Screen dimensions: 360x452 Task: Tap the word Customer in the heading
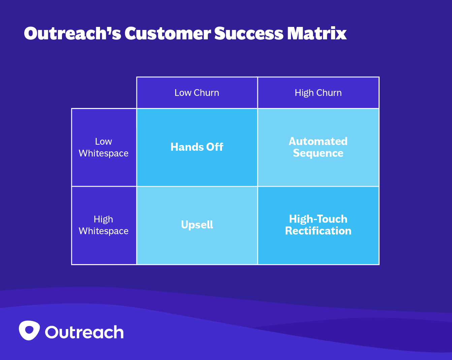(x=168, y=34)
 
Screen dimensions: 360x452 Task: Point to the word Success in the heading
(x=249, y=34)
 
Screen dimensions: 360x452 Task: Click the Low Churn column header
(x=197, y=93)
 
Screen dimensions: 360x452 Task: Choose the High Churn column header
(x=318, y=93)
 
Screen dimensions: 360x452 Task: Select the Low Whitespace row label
(x=103, y=147)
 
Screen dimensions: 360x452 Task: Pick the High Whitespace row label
(x=103, y=225)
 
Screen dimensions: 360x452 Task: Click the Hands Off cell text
(x=197, y=147)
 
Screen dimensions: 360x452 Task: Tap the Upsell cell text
(x=197, y=225)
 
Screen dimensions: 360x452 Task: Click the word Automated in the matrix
(x=318, y=141)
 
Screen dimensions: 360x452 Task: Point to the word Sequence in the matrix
(x=318, y=153)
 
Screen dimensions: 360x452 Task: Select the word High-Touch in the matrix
(x=318, y=219)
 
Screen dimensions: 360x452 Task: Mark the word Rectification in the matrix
(x=318, y=231)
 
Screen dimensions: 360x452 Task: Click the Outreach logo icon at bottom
(x=29, y=330)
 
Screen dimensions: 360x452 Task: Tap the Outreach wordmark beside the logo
(x=84, y=332)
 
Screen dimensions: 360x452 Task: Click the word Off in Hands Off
(x=215, y=147)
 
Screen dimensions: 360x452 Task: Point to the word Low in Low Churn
(x=183, y=93)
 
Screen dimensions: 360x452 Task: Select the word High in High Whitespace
(x=103, y=219)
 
